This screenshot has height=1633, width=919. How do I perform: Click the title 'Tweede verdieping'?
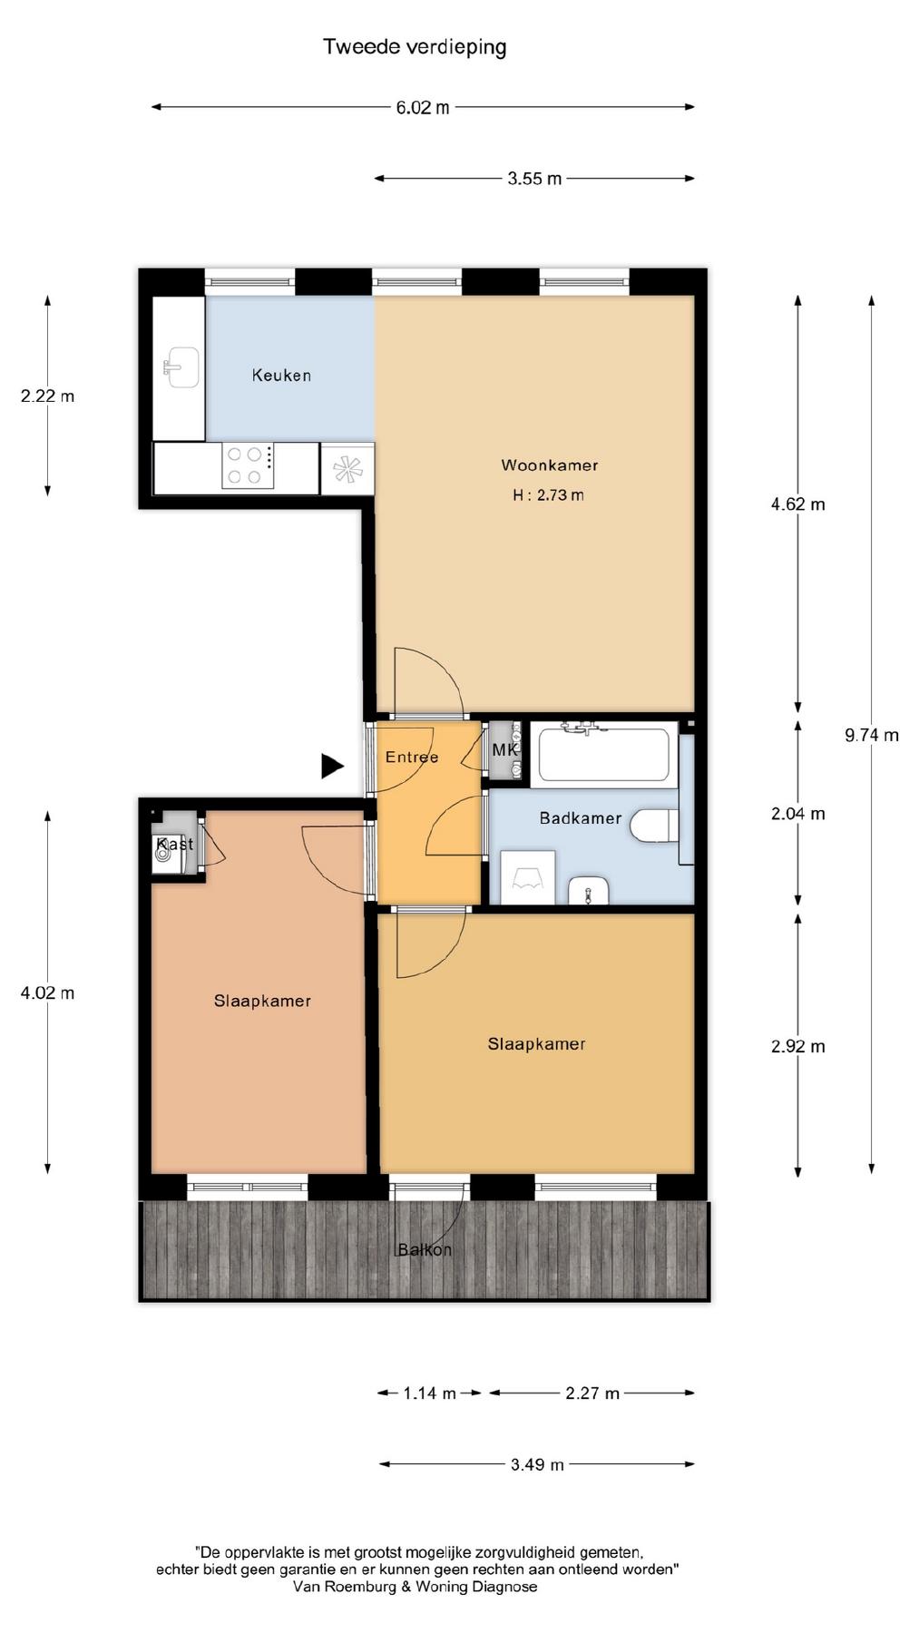pyautogui.click(x=415, y=46)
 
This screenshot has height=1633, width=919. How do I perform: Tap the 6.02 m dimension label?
pyautogui.click(x=422, y=107)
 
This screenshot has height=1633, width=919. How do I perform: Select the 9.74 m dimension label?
pyautogui.click(x=872, y=735)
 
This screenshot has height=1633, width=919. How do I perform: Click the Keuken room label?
pyautogui.click(x=281, y=375)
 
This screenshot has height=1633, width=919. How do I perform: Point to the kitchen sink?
pyautogui.click(x=181, y=367)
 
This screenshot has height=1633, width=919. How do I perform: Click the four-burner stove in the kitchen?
pyautogui.click(x=248, y=465)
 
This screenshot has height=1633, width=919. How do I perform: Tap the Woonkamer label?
pyautogui.click(x=550, y=465)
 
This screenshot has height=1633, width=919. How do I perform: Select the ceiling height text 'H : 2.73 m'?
pyautogui.click(x=548, y=495)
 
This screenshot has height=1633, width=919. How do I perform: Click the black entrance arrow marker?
pyautogui.click(x=332, y=767)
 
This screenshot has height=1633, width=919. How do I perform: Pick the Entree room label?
pyautogui.click(x=412, y=758)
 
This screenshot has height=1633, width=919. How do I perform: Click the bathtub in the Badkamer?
pyautogui.click(x=604, y=753)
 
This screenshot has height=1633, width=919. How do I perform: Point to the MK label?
pyautogui.click(x=504, y=750)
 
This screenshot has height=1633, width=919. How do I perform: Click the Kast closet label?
pyautogui.click(x=175, y=845)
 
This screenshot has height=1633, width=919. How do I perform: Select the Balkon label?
pyautogui.click(x=425, y=1250)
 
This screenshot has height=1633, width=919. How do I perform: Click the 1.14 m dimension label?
pyautogui.click(x=429, y=1393)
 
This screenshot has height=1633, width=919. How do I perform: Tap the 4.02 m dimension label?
pyautogui.click(x=48, y=993)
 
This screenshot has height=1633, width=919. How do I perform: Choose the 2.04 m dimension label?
pyautogui.click(x=798, y=814)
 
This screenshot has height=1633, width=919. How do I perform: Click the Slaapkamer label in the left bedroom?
pyautogui.click(x=262, y=1002)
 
